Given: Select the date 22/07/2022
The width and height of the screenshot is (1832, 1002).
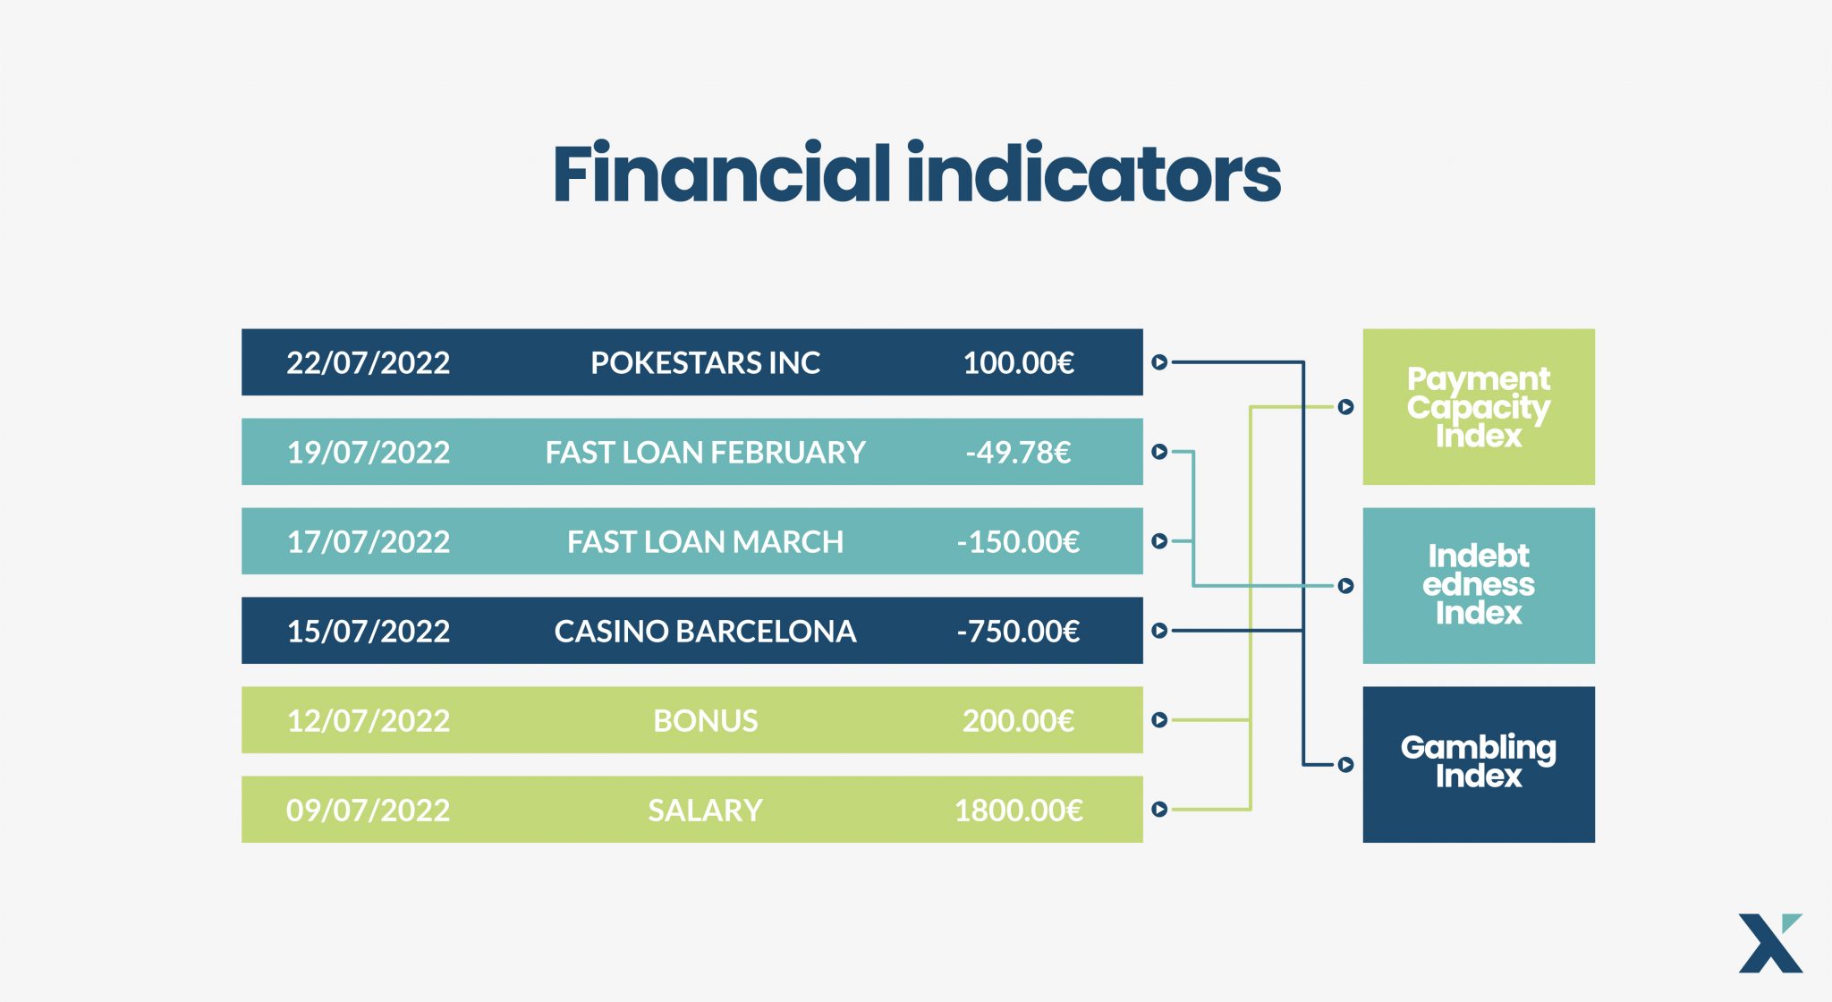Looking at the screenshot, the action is (368, 362).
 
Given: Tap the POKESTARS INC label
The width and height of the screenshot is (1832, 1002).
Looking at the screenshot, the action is (705, 362).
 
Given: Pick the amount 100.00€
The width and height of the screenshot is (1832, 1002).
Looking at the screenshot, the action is (1018, 362).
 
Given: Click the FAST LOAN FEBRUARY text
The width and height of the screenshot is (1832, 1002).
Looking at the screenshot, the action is (705, 452).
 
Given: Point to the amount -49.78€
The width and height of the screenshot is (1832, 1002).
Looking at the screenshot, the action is (1018, 452).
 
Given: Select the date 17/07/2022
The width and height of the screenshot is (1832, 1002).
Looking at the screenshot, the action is (368, 541).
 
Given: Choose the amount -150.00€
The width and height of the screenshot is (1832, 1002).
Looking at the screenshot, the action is (1018, 541).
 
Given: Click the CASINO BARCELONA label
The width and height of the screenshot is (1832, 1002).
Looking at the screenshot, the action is (705, 631).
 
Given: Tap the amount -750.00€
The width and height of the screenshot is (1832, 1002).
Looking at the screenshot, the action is (1018, 631).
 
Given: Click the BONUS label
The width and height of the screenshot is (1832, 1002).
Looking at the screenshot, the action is (705, 720).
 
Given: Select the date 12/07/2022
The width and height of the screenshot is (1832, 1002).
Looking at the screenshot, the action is (368, 720).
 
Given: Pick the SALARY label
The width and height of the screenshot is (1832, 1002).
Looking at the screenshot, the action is (705, 810).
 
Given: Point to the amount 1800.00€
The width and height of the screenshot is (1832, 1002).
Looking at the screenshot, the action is (1018, 810).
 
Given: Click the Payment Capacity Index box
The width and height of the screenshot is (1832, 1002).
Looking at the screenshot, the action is (1479, 407).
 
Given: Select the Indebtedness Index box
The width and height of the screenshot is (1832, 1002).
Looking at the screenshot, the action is (1479, 586).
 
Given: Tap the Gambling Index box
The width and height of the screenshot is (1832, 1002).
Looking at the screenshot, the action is (1479, 765).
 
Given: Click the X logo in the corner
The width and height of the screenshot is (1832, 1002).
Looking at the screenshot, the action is (1770, 943).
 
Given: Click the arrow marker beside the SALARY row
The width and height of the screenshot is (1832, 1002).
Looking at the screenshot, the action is (1159, 810).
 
